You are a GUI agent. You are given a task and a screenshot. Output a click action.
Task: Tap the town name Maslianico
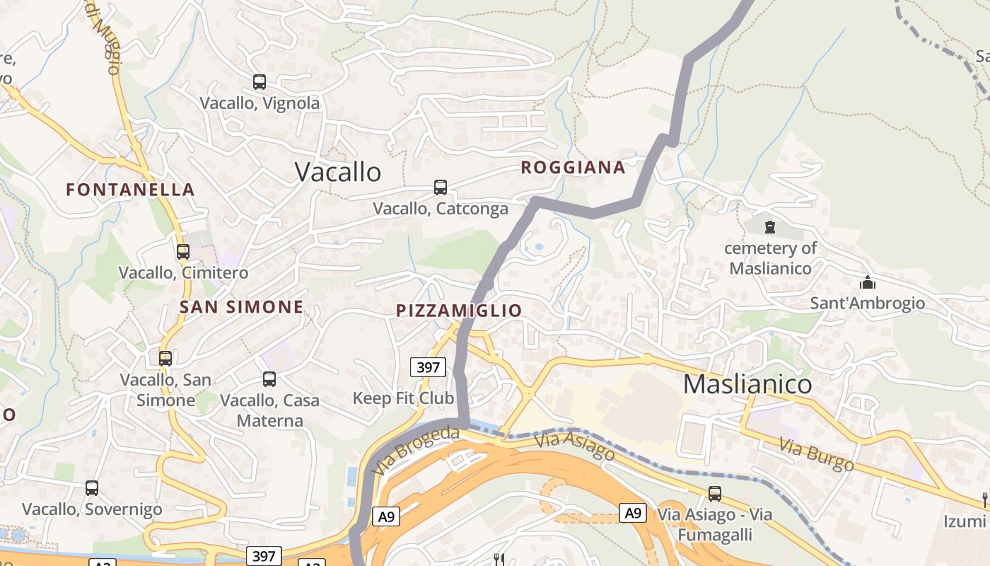(747, 384)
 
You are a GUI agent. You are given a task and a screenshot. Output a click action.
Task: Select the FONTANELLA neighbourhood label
(130, 190)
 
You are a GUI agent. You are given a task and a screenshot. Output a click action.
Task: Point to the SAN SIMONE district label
(241, 307)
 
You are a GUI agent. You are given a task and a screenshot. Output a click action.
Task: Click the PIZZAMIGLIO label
(459, 311)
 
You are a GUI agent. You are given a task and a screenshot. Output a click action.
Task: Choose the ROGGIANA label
(573, 168)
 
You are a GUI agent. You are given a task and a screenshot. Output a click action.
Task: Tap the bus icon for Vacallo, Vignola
(260, 82)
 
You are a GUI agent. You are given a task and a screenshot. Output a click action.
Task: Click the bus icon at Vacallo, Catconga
(441, 187)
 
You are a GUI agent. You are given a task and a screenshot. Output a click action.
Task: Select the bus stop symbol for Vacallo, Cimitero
(183, 251)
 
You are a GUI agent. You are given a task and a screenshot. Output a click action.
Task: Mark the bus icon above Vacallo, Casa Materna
(269, 379)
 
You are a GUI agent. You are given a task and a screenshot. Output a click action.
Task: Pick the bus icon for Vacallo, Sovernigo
(92, 487)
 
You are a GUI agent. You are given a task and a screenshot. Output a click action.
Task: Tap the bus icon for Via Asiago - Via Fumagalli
(715, 493)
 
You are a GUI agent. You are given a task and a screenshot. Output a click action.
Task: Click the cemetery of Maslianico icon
(769, 227)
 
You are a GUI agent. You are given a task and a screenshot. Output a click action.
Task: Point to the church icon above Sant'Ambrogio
(867, 282)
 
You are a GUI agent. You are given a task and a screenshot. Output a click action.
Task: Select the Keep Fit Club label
(403, 398)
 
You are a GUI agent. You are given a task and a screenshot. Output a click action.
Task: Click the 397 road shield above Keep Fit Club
(428, 367)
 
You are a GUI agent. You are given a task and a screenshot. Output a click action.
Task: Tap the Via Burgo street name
(817, 455)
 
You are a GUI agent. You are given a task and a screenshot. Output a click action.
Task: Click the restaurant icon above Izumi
(985, 500)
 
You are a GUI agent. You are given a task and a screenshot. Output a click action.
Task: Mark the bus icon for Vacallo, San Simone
(165, 359)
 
